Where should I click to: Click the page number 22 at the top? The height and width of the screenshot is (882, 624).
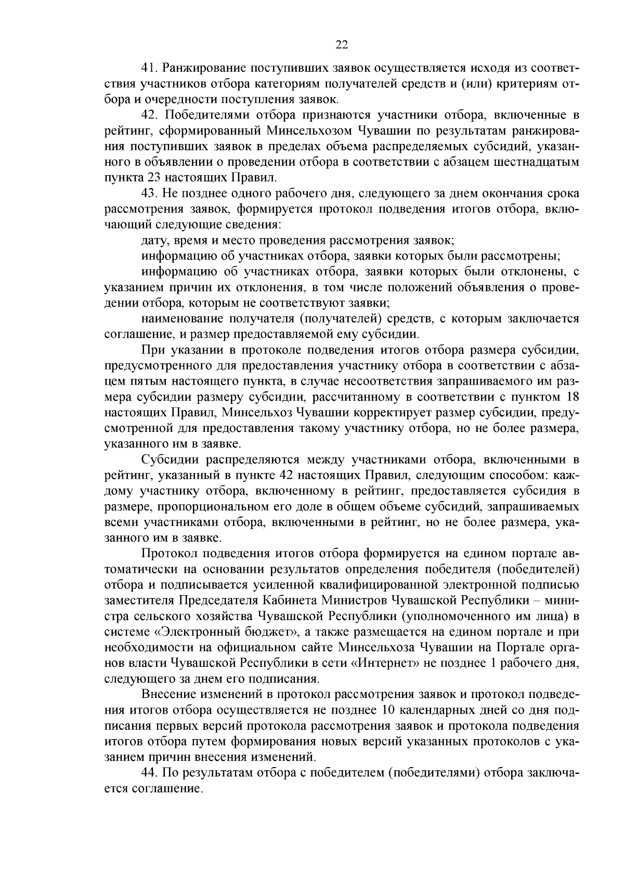point(342,45)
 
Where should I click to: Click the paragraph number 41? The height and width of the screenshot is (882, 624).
point(150,69)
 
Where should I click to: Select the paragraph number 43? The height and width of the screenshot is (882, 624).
point(150,193)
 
